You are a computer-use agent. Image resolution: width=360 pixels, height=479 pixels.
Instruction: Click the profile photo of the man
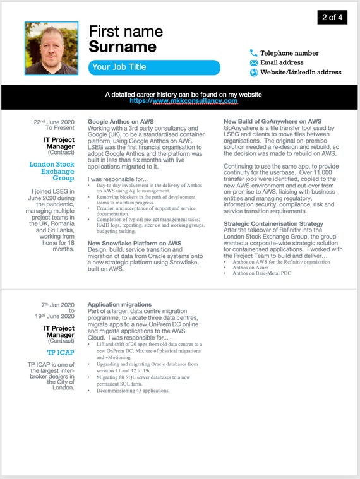pyautogui.click(x=51, y=49)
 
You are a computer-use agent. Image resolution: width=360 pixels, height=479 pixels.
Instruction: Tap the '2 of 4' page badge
pyautogui.click(x=332, y=17)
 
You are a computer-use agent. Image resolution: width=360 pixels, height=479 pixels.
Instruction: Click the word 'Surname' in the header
pyautogui.click(x=123, y=47)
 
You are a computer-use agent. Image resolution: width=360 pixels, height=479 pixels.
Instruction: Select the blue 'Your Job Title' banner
pyautogui.click(x=154, y=68)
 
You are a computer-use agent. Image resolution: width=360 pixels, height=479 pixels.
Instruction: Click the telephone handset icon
pyautogui.click(x=254, y=54)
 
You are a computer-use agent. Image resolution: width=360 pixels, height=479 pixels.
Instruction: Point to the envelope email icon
pyautogui.click(x=254, y=63)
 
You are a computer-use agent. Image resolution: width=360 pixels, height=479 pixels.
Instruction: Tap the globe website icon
pyautogui.click(x=254, y=73)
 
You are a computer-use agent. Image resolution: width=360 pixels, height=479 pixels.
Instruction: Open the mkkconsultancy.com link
pyautogui.click(x=183, y=101)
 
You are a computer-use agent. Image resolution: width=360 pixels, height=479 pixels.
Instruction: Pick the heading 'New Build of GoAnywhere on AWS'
pyautogui.click(x=272, y=121)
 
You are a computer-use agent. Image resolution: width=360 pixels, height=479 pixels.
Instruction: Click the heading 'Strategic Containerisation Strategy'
pyautogui.click(x=273, y=223)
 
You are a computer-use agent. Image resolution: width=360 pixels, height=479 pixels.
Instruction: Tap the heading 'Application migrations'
pyautogui.click(x=119, y=305)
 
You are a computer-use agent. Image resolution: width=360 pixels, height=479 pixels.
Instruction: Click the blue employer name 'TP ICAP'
pyautogui.click(x=61, y=352)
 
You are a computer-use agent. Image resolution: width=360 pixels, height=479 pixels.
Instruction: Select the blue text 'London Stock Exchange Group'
pyautogui.click(x=52, y=171)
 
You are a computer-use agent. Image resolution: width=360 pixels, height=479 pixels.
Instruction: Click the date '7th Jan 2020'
pyautogui.click(x=58, y=304)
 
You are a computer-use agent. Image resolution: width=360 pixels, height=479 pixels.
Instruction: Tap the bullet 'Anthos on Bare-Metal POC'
pyautogui.click(x=262, y=273)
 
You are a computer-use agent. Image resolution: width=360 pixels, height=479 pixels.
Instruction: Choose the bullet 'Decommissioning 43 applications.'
pyautogui.click(x=133, y=391)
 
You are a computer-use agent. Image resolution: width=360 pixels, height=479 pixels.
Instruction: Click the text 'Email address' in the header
pyautogui.click(x=282, y=63)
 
